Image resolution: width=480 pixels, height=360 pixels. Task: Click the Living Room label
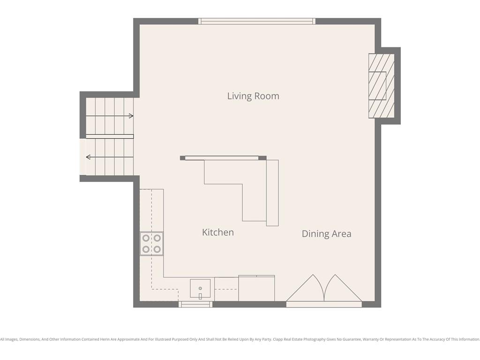tap(253, 96)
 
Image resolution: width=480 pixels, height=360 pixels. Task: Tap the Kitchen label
tap(218, 232)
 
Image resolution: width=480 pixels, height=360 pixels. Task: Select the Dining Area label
tap(326, 233)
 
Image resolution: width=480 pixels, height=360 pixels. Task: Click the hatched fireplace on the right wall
tap(381, 86)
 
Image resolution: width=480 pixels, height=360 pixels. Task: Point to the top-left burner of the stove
tap(146, 238)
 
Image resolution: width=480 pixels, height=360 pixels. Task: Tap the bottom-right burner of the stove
tap(157, 249)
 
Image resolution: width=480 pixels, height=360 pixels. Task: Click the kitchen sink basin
tap(200, 288)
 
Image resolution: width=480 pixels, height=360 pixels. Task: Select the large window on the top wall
tap(256, 21)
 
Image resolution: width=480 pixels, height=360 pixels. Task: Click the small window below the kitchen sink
tap(196, 305)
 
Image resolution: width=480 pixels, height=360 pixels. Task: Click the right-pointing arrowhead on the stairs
tap(131, 116)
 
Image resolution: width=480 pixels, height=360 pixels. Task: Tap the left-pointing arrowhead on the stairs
tap(88, 157)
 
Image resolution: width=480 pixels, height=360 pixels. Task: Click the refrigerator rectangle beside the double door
tap(256, 289)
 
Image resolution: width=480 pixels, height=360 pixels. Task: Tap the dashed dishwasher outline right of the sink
tap(226, 289)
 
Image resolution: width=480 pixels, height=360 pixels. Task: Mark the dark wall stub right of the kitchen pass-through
tap(262, 158)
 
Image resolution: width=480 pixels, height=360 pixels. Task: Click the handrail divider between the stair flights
tap(110, 136)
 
